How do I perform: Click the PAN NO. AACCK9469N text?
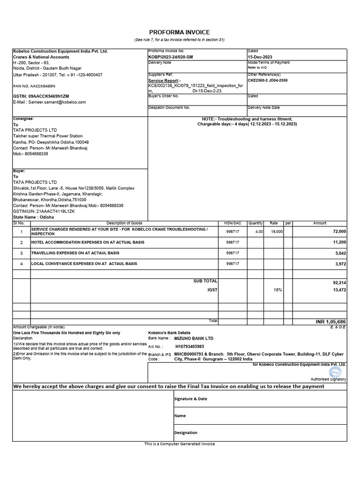coord(34,86)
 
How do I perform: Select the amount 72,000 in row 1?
coord(339,232)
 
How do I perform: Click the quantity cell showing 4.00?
coord(259,232)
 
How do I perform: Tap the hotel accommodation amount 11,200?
coord(339,242)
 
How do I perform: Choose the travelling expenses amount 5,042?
coord(340,253)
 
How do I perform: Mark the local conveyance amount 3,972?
coord(340,264)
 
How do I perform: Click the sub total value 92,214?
coord(339,283)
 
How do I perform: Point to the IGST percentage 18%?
coord(278,290)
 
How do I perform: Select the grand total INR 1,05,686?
coord(330,322)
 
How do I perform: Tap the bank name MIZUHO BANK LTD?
coord(194,338)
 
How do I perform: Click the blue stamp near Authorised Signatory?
coord(335,372)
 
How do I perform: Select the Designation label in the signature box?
coord(186,433)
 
